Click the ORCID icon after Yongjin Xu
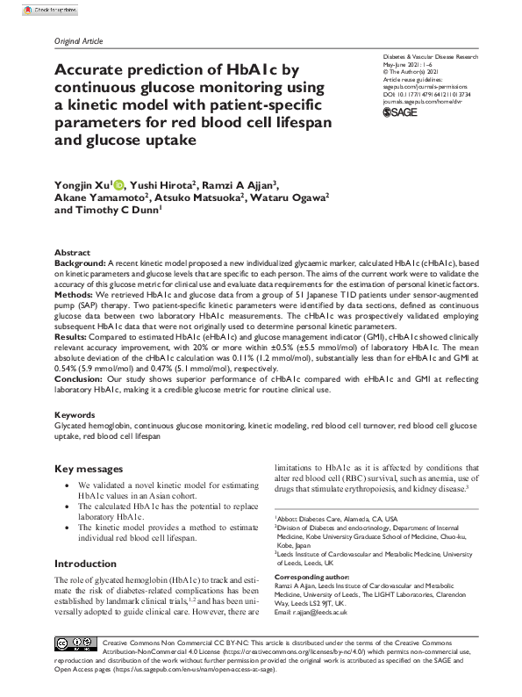pyautogui.click(x=118, y=185)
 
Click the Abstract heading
pyautogui.click(x=72, y=252)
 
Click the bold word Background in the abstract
pyautogui.click(x=79, y=262)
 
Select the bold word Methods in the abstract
pyautogui.click(x=75, y=295)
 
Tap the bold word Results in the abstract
pyautogui.click(x=73, y=335)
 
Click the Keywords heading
pyautogui.click(x=75, y=413)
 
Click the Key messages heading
pyautogui.click(x=90, y=469)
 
